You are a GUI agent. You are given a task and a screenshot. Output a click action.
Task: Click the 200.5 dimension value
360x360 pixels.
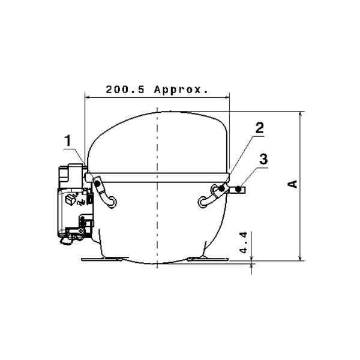[x=125, y=89]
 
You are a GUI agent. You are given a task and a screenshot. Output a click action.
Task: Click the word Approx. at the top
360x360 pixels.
[x=181, y=90]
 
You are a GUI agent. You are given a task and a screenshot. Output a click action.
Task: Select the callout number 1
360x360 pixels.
[x=68, y=140]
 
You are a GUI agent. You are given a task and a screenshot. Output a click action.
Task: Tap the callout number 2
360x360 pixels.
[x=260, y=128]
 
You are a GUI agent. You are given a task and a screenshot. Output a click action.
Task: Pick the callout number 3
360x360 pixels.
[x=263, y=159]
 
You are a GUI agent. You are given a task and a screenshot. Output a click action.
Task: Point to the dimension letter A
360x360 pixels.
[x=293, y=184]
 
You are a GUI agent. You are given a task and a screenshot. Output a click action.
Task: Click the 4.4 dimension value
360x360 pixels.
[x=244, y=242]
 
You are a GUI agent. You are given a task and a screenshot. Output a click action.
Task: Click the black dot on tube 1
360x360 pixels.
[x=97, y=183]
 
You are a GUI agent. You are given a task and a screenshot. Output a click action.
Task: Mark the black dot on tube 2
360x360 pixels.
[x=221, y=189]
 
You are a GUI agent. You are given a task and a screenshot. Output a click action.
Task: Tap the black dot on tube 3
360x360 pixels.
[x=239, y=190]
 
